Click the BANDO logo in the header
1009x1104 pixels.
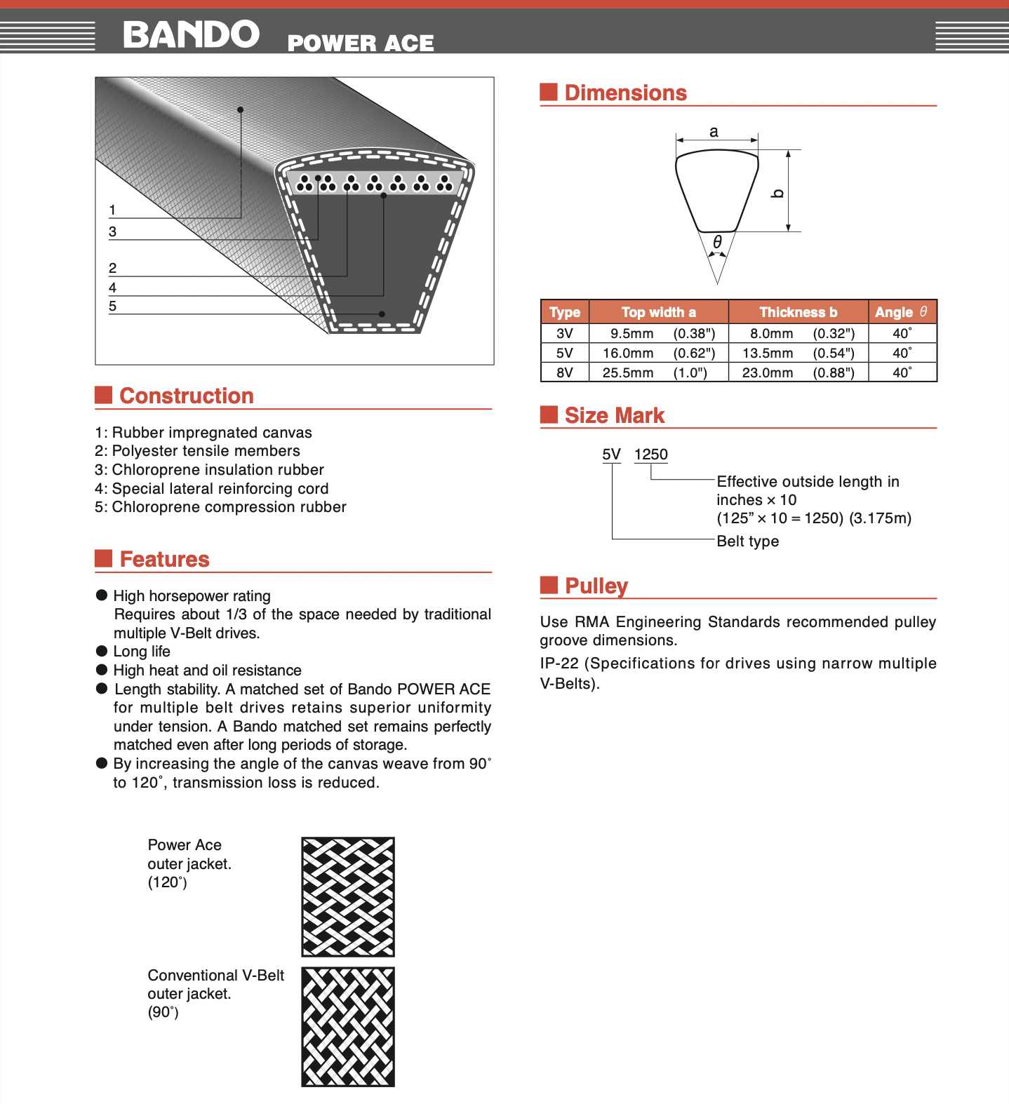[191, 34]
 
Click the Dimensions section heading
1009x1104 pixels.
[625, 93]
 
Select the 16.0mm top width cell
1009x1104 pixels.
[628, 353]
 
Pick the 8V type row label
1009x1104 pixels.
[565, 372]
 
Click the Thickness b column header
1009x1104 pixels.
[798, 312]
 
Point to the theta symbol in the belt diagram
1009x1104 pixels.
[717, 242]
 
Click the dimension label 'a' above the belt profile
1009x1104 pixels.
[714, 131]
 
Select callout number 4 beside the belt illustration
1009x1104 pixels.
[112, 288]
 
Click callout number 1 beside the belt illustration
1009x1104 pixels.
[112, 210]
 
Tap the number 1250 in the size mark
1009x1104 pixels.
[650, 455]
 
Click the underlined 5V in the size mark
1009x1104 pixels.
[611, 455]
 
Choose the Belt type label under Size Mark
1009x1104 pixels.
[747, 541]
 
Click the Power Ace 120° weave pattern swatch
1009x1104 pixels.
[348, 896]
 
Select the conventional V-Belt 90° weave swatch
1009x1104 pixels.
[348, 1027]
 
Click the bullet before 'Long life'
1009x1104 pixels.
[102, 651]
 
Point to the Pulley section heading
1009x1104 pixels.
[596, 586]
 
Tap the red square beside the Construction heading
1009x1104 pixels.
[104, 395]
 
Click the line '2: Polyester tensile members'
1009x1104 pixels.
[197, 451]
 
